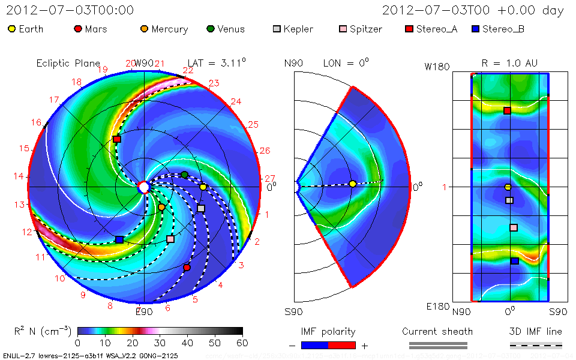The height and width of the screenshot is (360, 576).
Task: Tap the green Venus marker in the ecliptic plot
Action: [185, 175]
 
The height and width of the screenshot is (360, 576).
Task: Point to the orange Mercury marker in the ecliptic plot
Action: [161, 207]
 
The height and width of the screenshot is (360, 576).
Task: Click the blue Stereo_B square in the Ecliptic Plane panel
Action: [119, 239]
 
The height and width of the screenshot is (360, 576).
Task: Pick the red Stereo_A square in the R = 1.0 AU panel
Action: [507, 110]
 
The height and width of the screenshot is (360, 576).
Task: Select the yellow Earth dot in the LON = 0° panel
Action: [352, 184]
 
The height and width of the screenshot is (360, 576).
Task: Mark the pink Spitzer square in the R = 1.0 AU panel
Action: [514, 227]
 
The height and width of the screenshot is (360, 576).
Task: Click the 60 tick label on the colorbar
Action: [242, 343]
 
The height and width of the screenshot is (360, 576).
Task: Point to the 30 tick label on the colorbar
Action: [160, 343]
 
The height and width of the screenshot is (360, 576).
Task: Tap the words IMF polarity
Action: [328, 331]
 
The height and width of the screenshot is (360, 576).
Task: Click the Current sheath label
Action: [437, 331]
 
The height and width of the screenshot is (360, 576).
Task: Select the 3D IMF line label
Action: [536, 331]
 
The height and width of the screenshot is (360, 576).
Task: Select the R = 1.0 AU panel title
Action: [509, 63]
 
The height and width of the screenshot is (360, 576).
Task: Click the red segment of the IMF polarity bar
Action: [342, 345]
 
